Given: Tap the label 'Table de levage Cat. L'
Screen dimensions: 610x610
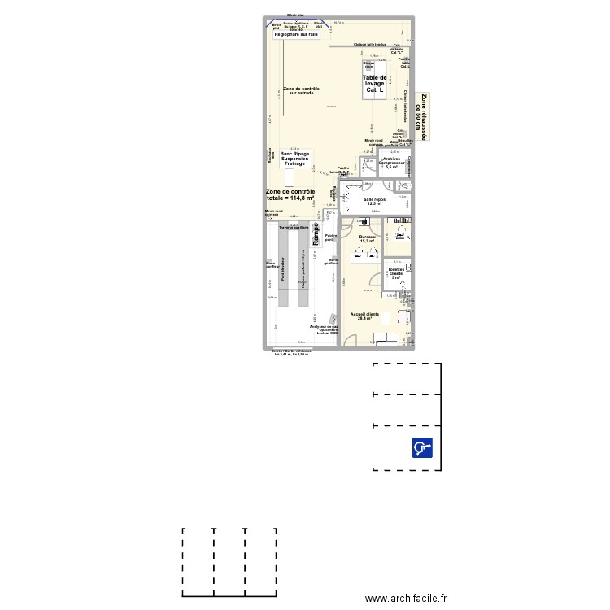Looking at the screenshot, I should coord(375,83).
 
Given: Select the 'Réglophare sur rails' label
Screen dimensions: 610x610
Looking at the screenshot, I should coord(296,35).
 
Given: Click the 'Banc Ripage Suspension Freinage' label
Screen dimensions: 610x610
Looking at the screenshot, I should coord(294,159).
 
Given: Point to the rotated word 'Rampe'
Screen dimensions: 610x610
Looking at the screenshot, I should coord(316,231).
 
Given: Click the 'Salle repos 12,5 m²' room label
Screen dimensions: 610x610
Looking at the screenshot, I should coord(374,201).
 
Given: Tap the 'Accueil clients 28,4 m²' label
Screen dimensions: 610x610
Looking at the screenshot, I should coord(365,316).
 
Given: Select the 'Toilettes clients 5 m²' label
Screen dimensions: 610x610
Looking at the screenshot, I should coord(397,272).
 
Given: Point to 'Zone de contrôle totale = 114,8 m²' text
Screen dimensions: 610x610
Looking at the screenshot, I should coord(290,194).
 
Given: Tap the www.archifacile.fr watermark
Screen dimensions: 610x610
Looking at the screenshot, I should coord(407,598).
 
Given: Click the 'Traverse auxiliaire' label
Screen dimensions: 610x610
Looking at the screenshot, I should coord(294,228).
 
